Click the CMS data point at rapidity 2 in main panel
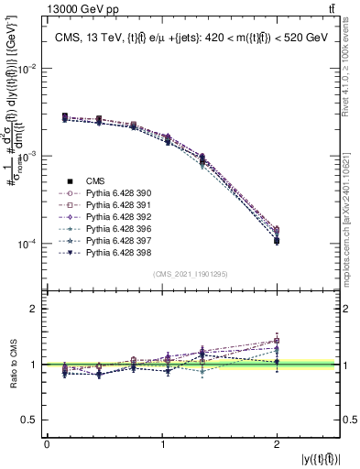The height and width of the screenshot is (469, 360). [x=277, y=241]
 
